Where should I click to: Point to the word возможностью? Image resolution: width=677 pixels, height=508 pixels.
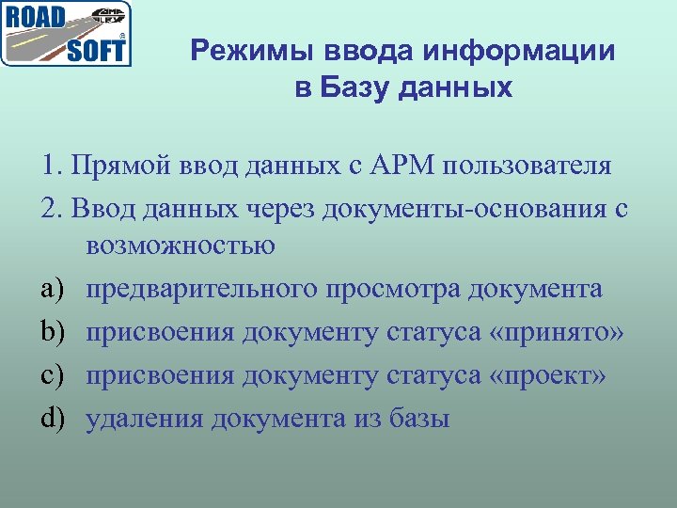[180, 247]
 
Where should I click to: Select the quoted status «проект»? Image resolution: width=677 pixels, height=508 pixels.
[549, 374]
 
